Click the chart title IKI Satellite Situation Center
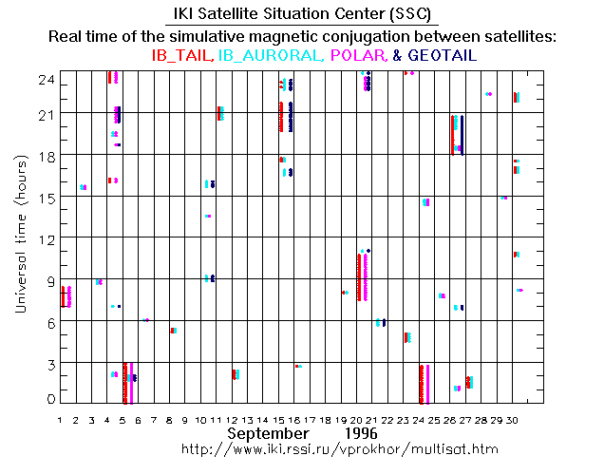(x=302, y=14)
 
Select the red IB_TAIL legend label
(x=182, y=56)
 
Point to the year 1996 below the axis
(x=352, y=432)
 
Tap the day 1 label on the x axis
(x=60, y=418)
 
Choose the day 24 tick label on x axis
(x=421, y=418)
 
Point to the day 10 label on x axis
(x=202, y=418)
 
